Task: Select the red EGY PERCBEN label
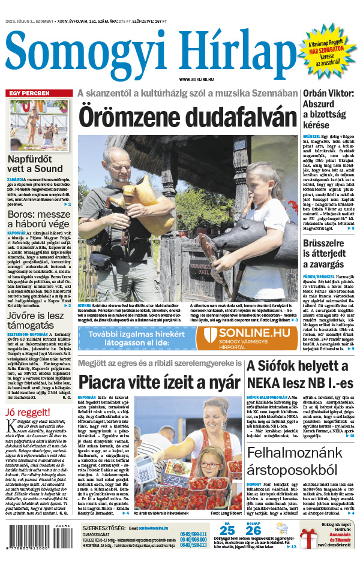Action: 28,94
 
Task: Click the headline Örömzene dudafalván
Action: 187,115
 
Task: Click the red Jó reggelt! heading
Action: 29,411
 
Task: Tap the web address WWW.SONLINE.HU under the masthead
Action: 197,79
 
